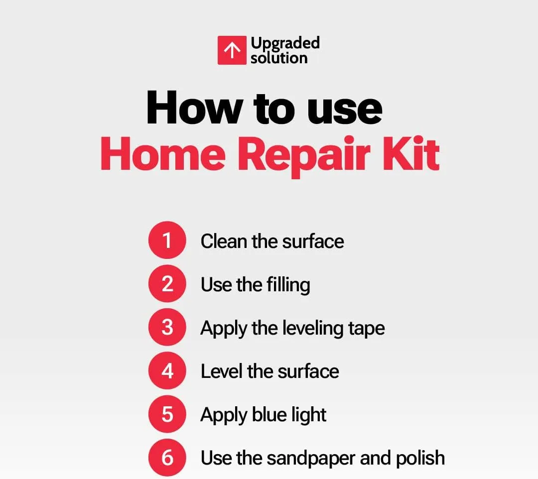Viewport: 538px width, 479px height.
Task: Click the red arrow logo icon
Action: click(232, 50)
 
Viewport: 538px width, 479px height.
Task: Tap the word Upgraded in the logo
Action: click(285, 44)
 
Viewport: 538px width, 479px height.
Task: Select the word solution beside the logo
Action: click(279, 58)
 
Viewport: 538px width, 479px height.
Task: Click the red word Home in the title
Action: click(163, 154)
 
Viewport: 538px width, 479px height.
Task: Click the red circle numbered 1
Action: click(167, 240)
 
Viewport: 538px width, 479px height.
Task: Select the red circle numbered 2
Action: click(167, 283)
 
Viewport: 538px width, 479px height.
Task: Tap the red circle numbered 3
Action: click(167, 327)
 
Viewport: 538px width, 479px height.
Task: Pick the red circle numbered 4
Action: click(167, 370)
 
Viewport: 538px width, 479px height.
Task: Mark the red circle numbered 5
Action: click(167, 414)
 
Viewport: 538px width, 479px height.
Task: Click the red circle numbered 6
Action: click(167, 458)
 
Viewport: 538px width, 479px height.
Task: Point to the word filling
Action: click(288, 285)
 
